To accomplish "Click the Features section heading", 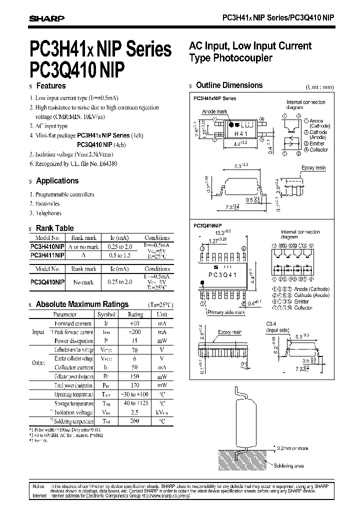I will tap(51, 85).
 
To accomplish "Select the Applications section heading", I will tap(57, 180).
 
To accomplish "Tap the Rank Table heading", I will tap(54, 228).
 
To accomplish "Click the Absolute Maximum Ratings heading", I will tap(82, 304).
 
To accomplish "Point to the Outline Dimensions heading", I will tap(229, 85).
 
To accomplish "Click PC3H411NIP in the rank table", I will tap(47, 255).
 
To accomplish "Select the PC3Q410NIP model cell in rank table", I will tap(47, 282).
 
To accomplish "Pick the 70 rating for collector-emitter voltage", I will tap(135, 350).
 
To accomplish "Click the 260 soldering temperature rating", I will tap(135, 421).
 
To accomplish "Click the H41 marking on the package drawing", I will tap(241, 134).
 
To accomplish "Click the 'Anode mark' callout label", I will tap(215, 112).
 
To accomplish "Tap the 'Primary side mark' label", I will tap(226, 312).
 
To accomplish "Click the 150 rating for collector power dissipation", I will tap(135, 376).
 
